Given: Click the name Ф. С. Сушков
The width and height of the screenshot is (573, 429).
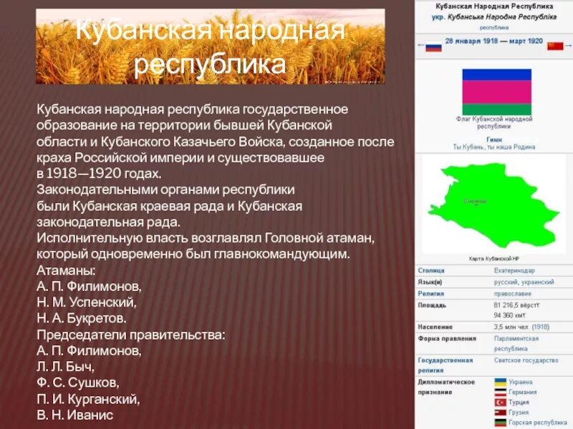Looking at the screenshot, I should pos(79,383).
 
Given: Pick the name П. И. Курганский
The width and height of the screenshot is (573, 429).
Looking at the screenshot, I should pos(88,399).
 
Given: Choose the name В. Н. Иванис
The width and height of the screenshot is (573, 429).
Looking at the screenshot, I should pos(75,415).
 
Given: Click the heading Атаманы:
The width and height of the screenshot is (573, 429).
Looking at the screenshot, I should pos(65,270).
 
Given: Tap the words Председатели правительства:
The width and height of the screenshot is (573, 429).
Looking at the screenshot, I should pos(131,333).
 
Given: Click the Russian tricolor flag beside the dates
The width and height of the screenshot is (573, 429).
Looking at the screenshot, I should pos(433,46).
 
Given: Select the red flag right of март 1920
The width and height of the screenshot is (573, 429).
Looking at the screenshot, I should pos(554,46).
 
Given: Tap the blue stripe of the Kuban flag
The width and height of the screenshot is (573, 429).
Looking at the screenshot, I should pos(496,74).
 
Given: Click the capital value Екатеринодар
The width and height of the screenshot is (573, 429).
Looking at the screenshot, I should pos(514,271).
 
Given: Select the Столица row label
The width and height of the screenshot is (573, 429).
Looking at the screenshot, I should pos(432,271).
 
